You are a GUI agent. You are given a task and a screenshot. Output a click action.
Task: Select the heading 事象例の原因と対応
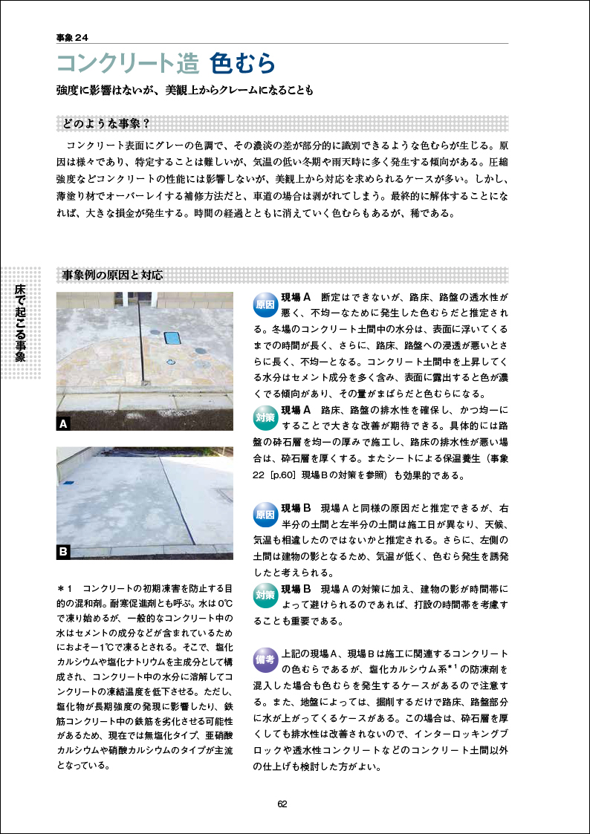pyautogui.click(x=113, y=275)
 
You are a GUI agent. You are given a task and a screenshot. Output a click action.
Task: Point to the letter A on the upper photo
pyautogui.click(x=64, y=425)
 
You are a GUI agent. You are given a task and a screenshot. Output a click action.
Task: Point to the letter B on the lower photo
pyautogui.click(x=64, y=552)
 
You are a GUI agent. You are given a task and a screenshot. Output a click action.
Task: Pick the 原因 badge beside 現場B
pyautogui.click(x=265, y=514)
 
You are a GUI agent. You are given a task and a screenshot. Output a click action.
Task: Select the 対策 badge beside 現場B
pyautogui.click(x=265, y=595)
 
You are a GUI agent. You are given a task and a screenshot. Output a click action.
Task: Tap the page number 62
pyautogui.click(x=283, y=804)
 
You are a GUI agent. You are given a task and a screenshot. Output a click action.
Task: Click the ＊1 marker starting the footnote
pyautogui.click(x=63, y=588)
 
